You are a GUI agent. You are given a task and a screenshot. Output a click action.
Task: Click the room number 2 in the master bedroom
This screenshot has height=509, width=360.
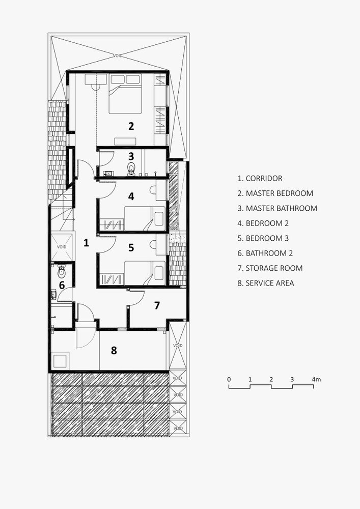tap(131, 126)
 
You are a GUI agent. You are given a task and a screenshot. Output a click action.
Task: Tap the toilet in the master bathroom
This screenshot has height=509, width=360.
tap(131, 169)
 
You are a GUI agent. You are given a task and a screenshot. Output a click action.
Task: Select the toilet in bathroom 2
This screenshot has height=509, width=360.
tap(61, 271)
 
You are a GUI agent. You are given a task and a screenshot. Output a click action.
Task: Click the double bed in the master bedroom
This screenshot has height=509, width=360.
tap(125, 94)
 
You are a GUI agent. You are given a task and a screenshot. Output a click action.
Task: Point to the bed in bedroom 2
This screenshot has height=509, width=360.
tap(145, 218)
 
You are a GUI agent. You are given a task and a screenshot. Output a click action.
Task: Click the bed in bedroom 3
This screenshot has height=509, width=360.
tap(145, 273)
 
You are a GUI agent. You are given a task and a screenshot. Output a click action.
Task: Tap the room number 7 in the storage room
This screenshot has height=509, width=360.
tap(157, 305)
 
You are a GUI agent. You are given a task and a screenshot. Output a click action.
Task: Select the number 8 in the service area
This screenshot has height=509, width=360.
tap(114, 351)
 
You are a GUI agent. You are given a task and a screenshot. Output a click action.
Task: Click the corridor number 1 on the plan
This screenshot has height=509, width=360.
tap(86, 242)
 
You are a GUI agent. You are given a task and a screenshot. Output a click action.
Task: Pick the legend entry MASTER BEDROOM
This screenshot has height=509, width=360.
tap(275, 193)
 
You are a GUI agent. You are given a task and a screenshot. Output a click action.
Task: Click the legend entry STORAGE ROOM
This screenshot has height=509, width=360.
tap(270, 268)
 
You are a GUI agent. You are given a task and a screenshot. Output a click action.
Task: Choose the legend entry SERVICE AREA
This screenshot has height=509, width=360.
tap(266, 283)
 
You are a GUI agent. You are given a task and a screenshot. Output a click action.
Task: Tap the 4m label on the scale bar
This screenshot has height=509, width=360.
tap(316, 379)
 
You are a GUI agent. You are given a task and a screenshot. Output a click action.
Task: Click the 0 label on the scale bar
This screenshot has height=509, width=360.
tap(229, 379)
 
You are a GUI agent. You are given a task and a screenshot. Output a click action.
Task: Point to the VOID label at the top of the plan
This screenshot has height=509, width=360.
tap(118, 56)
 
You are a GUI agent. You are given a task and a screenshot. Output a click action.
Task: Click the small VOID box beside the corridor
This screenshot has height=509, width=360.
tap(62, 247)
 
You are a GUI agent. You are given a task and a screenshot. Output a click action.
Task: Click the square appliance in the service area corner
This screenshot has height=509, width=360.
tap(60, 361)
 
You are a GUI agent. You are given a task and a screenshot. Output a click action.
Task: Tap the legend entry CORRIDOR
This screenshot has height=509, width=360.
tap(260, 178)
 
